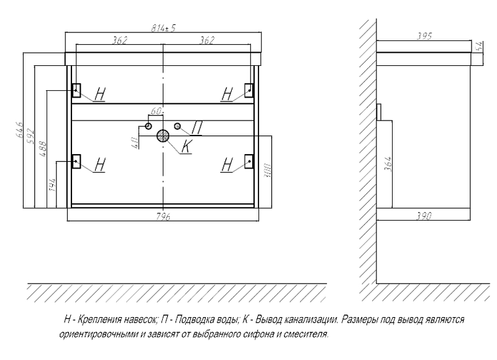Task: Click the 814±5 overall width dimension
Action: pyautogui.click(x=164, y=28)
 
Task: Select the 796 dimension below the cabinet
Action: pyautogui.click(x=164, y=215)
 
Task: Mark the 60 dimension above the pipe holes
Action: pyautogui.click(x=156, y=111)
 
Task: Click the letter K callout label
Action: pyautogui.click(x=186, y=147)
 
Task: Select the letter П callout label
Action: pyautogui.click(x=197, y=127)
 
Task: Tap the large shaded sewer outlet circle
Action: pyautogui.click(x=163, y=136)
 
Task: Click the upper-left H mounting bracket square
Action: pyautogui.click(x=77, y=89)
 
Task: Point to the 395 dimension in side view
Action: pyautogui.click(x=424, y=36)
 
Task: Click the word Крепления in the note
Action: pyautogui.click(x=101, y=319)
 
